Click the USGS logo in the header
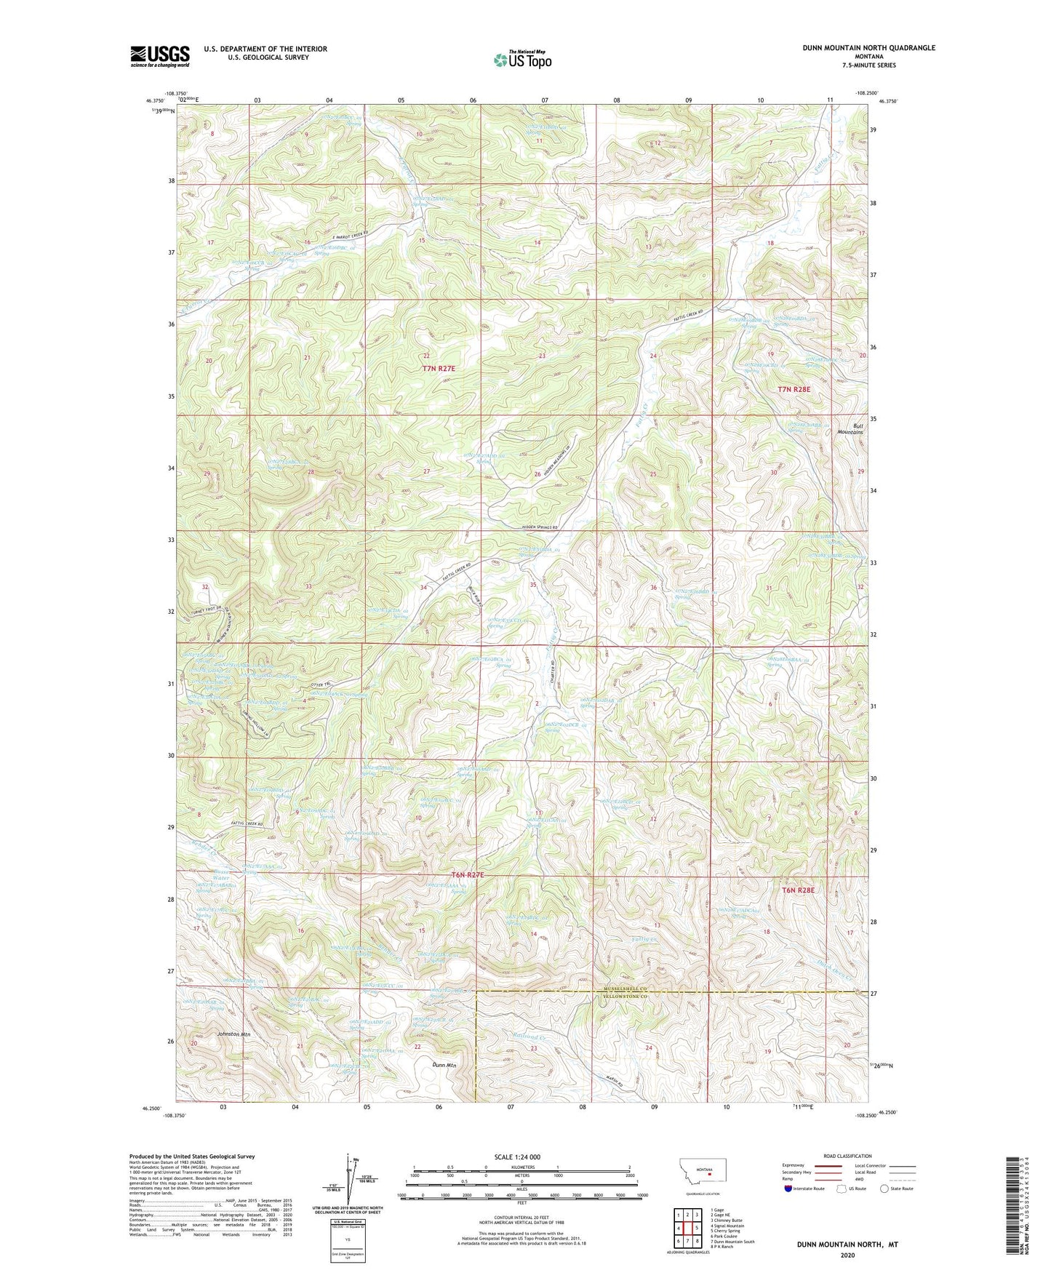pos(160,55)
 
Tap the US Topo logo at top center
pos(521,59)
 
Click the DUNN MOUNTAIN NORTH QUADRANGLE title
pos(868,48)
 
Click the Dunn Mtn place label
pos(444,1065)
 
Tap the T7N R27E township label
pos(439,369)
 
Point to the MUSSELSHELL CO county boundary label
pos(625,990)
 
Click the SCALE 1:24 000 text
pos(516,1157)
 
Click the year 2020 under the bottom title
pos(847,1255)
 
